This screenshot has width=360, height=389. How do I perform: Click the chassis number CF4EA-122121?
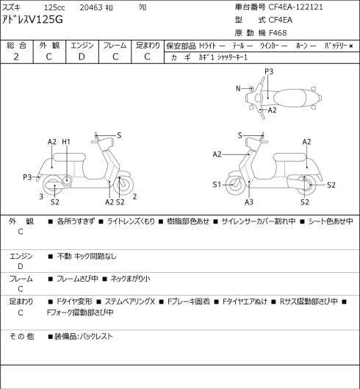pos(295,7)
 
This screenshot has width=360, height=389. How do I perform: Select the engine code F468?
pos(278,33)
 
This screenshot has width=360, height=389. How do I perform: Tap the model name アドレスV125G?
pos(32,19)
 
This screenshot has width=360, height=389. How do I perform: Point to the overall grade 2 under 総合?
pos(16,57)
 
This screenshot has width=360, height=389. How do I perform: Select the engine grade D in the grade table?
pos(82,57)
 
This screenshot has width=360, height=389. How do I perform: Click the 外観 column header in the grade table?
pos(49,46)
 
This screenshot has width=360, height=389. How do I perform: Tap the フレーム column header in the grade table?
pos(115,46)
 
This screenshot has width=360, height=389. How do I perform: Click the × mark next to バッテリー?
pos(351,46)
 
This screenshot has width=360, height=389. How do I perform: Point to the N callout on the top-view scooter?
pos(238,88)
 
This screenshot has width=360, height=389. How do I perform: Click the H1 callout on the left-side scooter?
pos(66,142)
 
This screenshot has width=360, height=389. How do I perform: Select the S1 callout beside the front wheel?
pos(217,185)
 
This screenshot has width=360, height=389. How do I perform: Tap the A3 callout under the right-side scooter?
pos(249,202)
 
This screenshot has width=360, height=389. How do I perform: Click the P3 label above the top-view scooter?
pos(269,71)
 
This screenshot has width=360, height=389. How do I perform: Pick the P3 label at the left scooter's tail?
pos(27,177)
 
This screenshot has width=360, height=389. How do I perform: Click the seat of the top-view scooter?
pos(290,98)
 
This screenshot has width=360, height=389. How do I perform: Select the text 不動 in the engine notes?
pos(64,256)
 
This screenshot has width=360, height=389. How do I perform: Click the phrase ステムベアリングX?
pos(129,301)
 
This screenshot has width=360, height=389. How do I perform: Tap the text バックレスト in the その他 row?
pos(96,336)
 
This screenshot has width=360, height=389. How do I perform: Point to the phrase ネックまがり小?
pos(130,279)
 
